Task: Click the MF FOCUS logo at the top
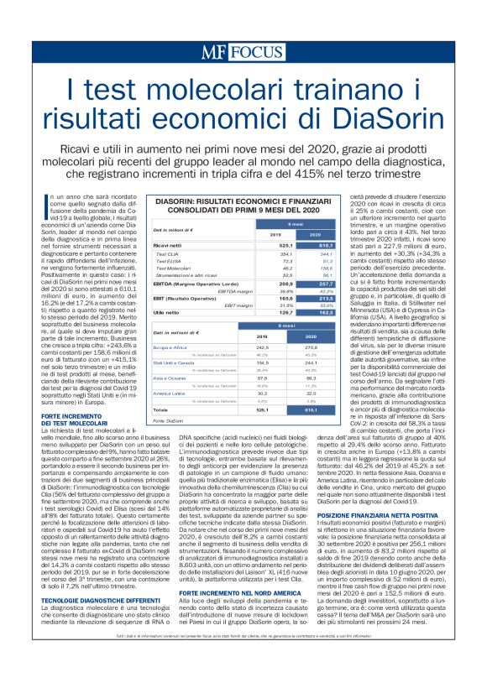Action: tap(243, 51)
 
